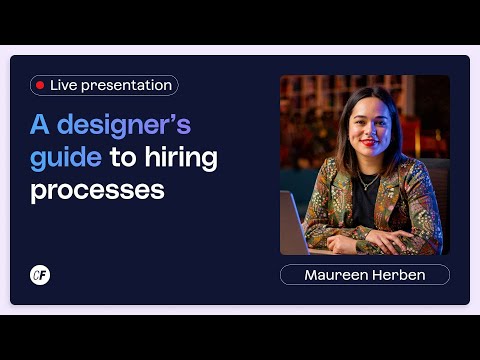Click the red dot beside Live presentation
tap(40, 86)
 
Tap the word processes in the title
tap(97, 189)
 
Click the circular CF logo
tap(40, 275)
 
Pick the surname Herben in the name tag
tap(396, 275)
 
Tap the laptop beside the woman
tap(292, 225)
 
